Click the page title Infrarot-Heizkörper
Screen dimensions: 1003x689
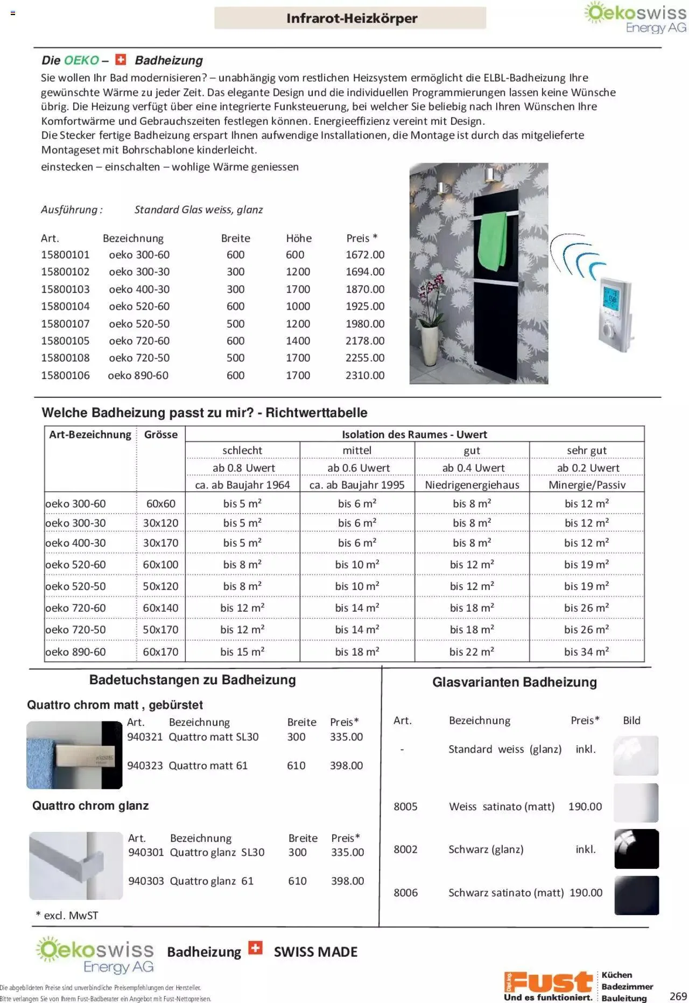click(351, 18)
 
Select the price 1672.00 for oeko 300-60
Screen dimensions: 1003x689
click(365, 255)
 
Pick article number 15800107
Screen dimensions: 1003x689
click(65, 324)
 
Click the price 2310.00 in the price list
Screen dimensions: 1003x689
click(365, 375)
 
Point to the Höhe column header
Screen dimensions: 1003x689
click(299, 238)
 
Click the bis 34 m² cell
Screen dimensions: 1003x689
click(586, 651)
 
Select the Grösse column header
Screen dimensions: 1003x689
click(160, 434)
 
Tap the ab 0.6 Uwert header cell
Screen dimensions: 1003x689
click(358, 468)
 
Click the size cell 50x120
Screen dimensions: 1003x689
click(160, 586)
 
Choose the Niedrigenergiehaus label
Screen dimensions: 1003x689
click(472, 485)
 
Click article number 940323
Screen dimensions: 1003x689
click(145, 765)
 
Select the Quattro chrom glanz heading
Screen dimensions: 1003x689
click(90, 805)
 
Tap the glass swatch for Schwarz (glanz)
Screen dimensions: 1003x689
click(636, 849)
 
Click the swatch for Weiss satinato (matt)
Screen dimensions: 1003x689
click(636, 803)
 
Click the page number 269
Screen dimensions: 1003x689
click(678, 996)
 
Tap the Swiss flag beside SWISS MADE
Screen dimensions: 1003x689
click(255, 948)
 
